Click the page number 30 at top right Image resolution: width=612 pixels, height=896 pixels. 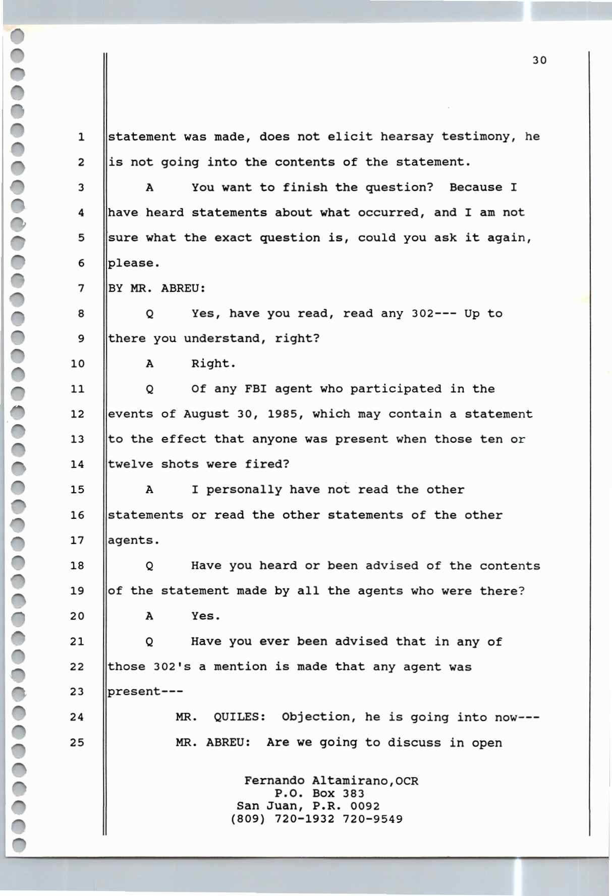click(x=539, y=61)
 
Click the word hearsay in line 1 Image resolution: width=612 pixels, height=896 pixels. click(x=408, y=137)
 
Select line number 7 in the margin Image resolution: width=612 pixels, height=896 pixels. click(x=81, y=288)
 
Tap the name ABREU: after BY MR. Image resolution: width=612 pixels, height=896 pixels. click(x=183, y=288)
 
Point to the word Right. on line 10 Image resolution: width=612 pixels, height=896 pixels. click(x=213, y=364)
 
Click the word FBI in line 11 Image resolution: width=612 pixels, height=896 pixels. click(x=255, y=389)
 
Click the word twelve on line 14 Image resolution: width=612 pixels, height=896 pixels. click(x=130, y=464)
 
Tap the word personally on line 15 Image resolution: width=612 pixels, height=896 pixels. click(x=244, y=490)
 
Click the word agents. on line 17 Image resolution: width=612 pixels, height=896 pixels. click(x=134, y=541)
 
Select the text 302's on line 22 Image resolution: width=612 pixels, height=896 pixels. click(x=172, y=667)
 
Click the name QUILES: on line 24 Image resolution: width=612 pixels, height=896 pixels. click(x=240, y=717)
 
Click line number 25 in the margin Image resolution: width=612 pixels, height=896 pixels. click(x=77, y=742)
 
